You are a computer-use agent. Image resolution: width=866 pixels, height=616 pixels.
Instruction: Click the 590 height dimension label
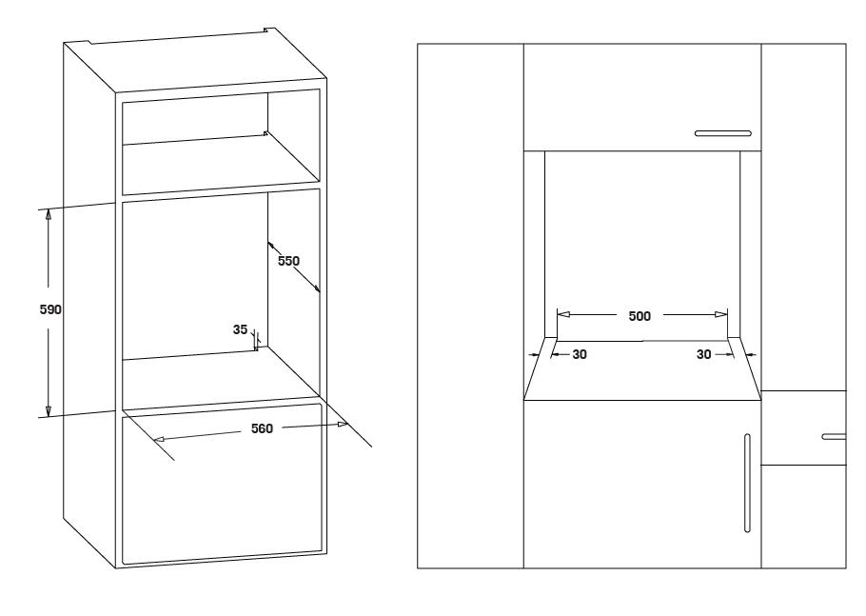[50, 309]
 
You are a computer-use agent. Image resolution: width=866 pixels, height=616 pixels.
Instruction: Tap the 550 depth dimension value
[288, 261]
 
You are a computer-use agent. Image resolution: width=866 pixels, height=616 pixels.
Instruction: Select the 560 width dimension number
[262, 428]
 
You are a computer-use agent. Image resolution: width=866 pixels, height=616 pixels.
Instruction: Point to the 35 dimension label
[240, 329]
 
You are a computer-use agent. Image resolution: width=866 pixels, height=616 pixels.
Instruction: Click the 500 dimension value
[640, 316]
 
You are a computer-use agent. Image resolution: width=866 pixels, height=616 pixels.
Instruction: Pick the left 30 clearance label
[580, 354]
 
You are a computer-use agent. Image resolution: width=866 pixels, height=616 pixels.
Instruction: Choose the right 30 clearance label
[703, 354]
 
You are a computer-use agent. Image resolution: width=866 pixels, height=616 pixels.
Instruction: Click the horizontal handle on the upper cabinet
[723, 133]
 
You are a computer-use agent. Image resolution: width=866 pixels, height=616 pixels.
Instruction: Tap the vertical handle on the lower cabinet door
[747, 483]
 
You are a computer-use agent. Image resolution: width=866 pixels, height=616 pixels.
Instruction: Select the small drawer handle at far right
[834, 436]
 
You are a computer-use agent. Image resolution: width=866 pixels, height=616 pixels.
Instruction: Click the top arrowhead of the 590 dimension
[48, 215]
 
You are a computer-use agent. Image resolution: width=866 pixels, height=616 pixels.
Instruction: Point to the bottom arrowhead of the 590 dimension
[48, 410]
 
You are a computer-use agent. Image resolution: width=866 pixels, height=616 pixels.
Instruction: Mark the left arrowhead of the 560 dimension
[160, 439]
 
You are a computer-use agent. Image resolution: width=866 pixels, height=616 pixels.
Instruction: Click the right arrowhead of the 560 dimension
[343, 425]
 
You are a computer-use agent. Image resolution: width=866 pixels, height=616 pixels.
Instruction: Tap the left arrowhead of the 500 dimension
[563, 314]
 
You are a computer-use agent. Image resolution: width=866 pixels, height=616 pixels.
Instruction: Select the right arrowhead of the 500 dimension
[720, 314]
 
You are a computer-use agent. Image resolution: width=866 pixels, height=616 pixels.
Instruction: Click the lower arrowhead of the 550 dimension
[317, 288]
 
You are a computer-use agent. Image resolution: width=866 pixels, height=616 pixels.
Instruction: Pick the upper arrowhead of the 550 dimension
[271, 245]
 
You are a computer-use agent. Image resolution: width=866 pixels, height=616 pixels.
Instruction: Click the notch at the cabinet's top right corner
[269, 30]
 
